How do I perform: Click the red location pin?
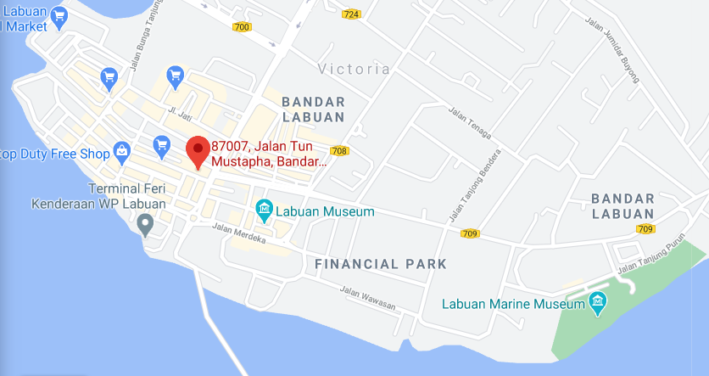coord(198,151)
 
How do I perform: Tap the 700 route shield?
coord(242,27)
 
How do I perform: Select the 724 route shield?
coord(351,14)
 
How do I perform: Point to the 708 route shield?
coord(340,151)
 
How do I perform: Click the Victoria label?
coord(354,69)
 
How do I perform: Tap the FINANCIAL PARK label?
coord(381,264)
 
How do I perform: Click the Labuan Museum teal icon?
coord(264,209)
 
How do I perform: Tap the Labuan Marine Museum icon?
coord(598,302)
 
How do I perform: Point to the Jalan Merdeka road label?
coord(239,233)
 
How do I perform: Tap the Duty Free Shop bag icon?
coord(121,152)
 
